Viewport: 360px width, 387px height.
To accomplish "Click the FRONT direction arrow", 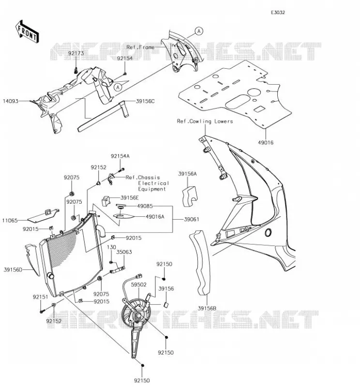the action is click(x=27, y=32).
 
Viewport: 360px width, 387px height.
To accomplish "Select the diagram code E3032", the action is click(x=278, y=13).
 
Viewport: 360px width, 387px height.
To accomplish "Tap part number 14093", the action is click(x=10, y=101).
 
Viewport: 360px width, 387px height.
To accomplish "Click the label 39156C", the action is click(x=145, y=101).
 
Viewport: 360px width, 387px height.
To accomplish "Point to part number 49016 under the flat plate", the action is click(x=266, y=142).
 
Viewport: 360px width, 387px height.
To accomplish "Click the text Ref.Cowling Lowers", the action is click(x=205, y=121).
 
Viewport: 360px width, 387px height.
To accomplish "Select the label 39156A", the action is click(x=187, y=174).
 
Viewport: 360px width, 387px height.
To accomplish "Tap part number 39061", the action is click(x=192, y=219).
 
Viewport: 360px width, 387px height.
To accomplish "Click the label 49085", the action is click(x=145, y=206).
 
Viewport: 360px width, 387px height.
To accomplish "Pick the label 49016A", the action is click(x=155, y=217).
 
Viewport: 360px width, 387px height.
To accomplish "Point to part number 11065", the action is click(x=10, y=221).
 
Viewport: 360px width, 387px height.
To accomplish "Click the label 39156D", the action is click(x=13, y=270).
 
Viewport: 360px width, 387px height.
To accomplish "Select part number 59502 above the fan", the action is click(x=138, y=284).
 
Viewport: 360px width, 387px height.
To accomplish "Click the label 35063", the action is click(x=124, y=252).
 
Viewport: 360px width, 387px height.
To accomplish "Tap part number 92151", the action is click(x=41, y=297).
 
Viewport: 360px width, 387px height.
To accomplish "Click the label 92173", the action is click(x=76, y=53).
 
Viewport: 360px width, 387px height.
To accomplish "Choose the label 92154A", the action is click(x=120, y=156).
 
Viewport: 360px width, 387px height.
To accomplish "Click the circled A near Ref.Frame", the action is click(x=199, y=31).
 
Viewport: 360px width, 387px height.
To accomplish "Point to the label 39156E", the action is click(x=130, y=198).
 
